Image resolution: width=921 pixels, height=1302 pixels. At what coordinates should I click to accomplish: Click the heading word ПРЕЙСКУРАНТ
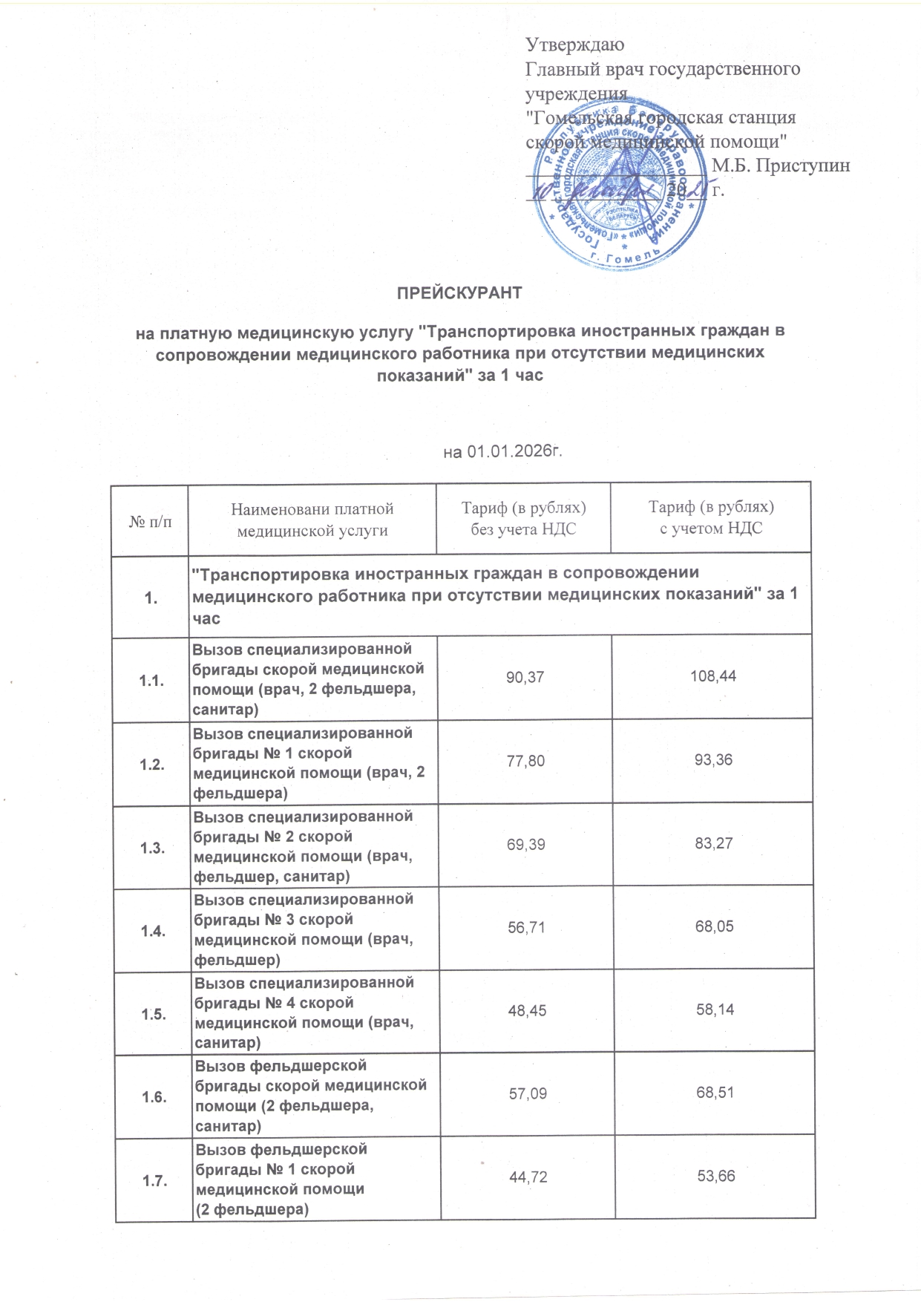point(459,292)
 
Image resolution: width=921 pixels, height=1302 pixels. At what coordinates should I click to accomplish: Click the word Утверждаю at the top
point(574,45)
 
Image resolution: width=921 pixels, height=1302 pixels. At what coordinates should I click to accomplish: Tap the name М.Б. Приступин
point(781,166)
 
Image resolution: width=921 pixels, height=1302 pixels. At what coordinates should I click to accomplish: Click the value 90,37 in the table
point(525,677)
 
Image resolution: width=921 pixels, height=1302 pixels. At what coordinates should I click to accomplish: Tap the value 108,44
point(712,677)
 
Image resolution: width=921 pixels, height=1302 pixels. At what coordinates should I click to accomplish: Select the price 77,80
point(525,760)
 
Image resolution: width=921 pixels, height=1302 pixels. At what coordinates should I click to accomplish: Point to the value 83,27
point(714,843)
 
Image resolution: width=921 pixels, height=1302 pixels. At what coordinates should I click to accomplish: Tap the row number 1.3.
point(153,848)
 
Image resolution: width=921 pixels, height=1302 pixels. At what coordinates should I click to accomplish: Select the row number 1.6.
point(154,1097)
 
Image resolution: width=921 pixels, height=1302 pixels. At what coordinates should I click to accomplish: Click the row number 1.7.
point(155,1180)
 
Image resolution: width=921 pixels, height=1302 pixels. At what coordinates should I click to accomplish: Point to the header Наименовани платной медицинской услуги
point(312,519)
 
